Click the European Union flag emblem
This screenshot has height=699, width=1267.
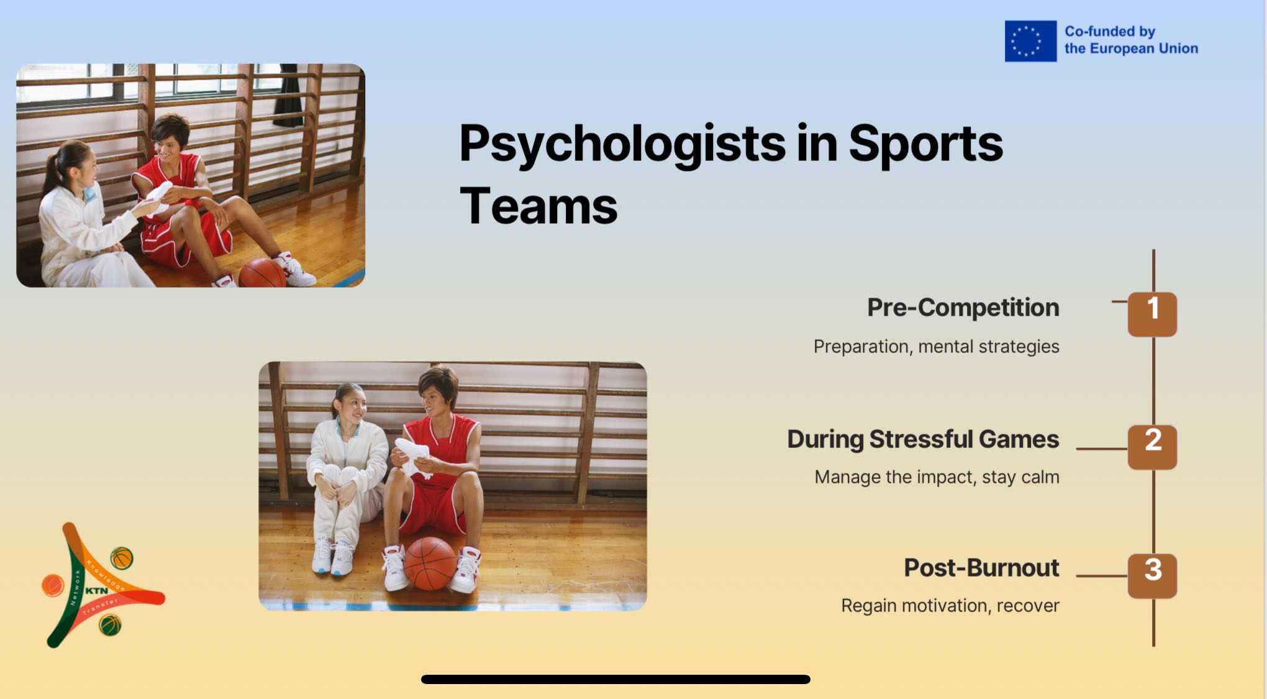coord(1030,41)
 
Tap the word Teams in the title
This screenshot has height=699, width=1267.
coord(538,206)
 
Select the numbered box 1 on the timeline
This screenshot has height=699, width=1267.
coord(1152,314)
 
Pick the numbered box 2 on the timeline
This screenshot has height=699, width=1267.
coord(1152,447)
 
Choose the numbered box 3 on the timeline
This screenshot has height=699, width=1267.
coord(1152,576)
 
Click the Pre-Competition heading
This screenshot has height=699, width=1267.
coord(963,308)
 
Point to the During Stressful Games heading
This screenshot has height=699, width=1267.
coord(923,439)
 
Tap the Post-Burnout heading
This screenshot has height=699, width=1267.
coord(981,568)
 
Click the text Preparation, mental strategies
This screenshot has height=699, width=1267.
coord(937,346)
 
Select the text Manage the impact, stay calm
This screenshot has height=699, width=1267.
coord(937,477)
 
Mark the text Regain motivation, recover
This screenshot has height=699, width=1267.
coord(950,606)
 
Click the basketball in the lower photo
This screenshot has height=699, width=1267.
coord(430,564)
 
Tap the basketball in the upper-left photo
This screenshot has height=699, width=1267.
coord(262,273)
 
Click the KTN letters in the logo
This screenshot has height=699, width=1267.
coord(96,591)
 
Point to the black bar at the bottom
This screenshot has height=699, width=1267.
coord(615,680)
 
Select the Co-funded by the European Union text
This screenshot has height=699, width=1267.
coord(1131,40)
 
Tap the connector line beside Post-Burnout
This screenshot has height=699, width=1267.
coord(1102,576)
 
